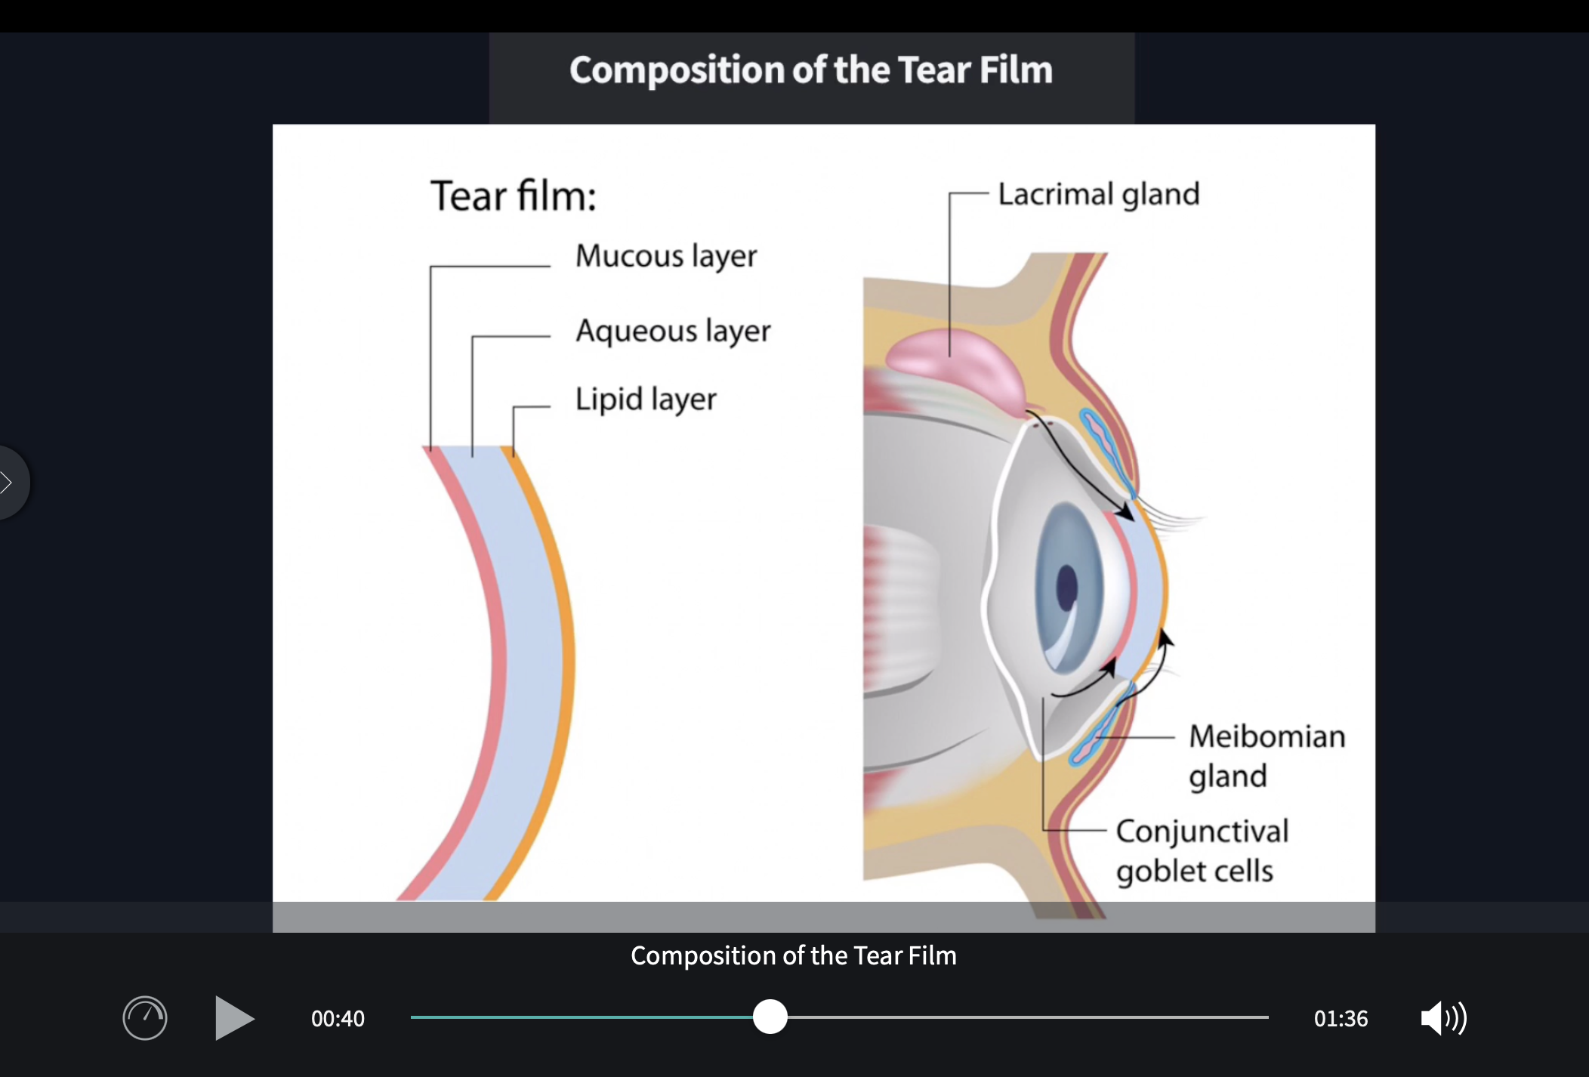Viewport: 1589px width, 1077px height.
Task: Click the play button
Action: point(233,1018)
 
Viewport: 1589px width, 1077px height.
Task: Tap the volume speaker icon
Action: point(1442,1018)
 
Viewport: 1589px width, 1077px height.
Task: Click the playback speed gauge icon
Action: point(145,1018)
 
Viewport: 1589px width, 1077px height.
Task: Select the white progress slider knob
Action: point(770,1017)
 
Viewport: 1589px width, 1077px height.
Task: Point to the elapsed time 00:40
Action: point(338,1019)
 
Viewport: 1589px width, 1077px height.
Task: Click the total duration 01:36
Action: point(1341,1019)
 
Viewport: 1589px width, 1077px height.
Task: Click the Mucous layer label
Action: point(665,256)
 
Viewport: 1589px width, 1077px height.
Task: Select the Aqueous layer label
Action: point(673,331)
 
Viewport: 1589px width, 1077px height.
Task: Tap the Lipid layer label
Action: point(646,400)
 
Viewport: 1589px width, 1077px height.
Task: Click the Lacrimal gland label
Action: point(1098,195)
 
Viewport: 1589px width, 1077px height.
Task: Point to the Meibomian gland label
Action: point(1267,755)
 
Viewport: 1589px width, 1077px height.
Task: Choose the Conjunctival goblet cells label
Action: point(1202,850)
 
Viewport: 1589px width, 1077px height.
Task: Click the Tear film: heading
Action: point(514,196)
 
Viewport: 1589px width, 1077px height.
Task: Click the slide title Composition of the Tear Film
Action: point(810,70)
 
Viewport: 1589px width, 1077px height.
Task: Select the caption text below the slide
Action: point(793,956)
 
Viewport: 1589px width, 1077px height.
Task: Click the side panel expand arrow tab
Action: point(9,482)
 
